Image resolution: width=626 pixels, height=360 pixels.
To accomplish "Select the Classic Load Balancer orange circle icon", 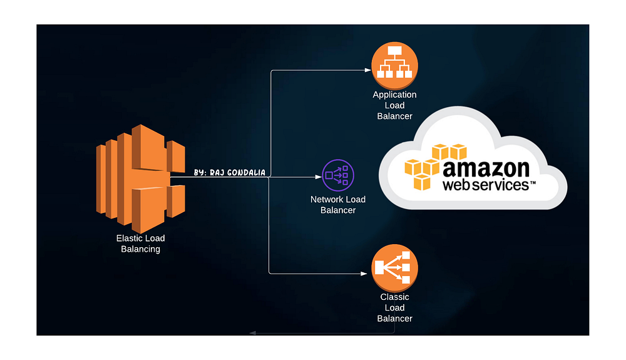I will (x=394, y=268).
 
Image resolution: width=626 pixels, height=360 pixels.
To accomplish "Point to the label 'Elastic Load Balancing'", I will (x=140, y=244).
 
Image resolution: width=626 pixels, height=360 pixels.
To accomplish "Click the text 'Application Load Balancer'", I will (x=394, y=105).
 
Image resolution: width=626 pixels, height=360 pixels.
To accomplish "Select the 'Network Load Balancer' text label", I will (x=338, y=205).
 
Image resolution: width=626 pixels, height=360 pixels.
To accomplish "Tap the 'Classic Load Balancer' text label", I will (x=394, y=307).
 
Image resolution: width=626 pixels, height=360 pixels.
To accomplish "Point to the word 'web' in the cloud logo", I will (x=459, y=185).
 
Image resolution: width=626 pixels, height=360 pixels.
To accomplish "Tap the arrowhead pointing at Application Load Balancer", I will (x=367, y=70).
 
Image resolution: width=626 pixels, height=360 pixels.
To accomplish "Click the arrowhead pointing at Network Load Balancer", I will (x=317, y=178).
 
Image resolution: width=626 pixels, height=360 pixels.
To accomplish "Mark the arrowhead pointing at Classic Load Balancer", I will (x=365, y=274).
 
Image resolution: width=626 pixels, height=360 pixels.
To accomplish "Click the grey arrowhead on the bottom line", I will (x=251, y=332).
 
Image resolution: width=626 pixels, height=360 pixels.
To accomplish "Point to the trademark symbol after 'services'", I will (x=533, y=183).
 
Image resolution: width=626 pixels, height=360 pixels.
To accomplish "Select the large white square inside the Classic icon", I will (x=381, y=268).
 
